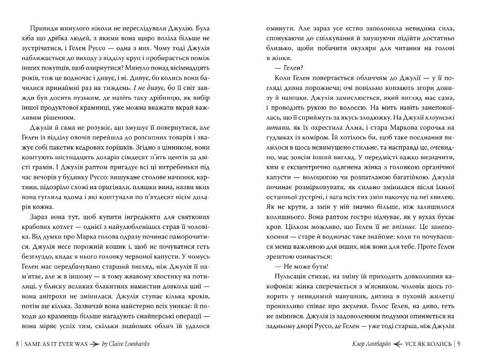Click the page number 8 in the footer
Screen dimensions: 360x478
click(17, 344)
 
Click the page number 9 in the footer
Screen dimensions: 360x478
click(458, 344)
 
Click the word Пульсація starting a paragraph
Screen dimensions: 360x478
click(293, 279)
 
